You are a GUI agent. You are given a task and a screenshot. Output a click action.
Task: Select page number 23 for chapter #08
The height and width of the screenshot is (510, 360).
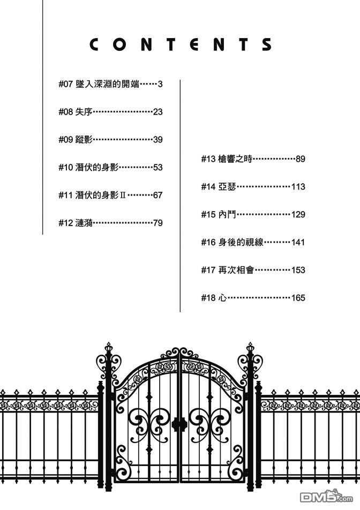157,112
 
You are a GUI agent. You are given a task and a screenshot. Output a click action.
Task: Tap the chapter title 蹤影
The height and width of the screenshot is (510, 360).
85,140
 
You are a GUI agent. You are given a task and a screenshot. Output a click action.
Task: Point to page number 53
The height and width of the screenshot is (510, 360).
157,168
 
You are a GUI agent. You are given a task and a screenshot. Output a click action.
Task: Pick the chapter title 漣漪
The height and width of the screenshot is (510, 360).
85,223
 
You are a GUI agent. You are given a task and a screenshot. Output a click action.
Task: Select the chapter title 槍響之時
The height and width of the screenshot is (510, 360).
234,159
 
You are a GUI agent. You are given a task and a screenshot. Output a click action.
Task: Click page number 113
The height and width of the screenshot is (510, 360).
298,187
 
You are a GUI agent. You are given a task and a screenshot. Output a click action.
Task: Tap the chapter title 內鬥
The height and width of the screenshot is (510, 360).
227,215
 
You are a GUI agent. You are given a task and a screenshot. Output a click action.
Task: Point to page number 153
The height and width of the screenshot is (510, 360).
298,271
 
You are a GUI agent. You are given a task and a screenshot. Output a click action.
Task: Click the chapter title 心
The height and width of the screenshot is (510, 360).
223,298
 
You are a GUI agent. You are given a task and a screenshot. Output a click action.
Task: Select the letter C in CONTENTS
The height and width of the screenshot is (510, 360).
94,45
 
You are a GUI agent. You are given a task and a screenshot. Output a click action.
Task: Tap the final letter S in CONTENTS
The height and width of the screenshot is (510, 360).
266,45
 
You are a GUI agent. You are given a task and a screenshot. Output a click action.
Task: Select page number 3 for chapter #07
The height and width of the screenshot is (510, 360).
160,84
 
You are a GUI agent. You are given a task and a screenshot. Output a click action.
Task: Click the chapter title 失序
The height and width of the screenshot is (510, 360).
85,112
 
